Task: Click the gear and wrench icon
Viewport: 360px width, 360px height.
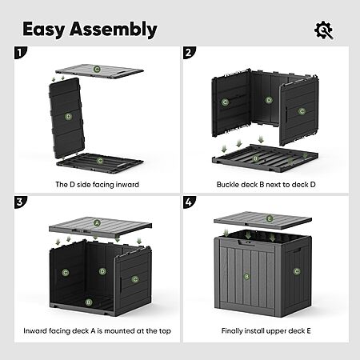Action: tap(323, 30)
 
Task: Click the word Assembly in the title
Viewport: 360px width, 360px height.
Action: tap(114, 30)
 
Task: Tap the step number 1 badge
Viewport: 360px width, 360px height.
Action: tap(20, 53)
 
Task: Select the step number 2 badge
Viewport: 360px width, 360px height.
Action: tap(189, 53)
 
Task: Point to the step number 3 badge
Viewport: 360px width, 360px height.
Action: tap(20, 202)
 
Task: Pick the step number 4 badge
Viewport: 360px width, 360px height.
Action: tap(189, 202)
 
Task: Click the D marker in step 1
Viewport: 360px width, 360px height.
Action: tap(69, 117)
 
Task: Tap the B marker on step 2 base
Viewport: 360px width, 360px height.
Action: tap(255, 158)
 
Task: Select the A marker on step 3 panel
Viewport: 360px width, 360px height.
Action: tap(97, 222)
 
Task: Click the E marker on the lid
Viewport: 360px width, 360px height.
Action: tap(270, 219)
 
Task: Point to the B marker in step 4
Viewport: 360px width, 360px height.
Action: tap(246, 276)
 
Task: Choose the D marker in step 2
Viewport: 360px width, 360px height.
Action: tap(269, 100)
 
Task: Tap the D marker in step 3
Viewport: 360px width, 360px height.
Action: tap(102, 271)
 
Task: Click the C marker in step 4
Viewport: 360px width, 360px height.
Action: tap(297, 271)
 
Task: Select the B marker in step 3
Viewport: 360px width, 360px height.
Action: tap(89, 302)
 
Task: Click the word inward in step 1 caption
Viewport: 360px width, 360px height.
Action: tap(127, 185)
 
